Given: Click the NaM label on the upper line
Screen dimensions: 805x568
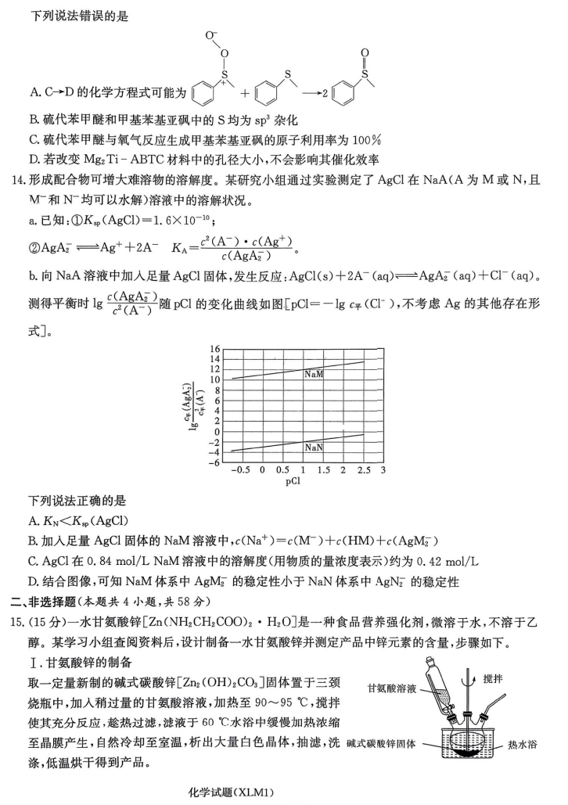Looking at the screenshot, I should pyautogui.click(x=315, y=374).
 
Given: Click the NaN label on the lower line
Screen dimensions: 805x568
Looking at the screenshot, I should pyautogui.click(x=315, y=447).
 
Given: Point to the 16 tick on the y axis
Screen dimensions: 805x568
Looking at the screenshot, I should pyautogui.click(x=214, y=348).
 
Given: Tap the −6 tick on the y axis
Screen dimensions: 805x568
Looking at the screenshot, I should pyautogui.click(x=213, y=462).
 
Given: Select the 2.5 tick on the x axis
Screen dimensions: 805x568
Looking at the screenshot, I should pyautogui.click(x=365, y=470).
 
